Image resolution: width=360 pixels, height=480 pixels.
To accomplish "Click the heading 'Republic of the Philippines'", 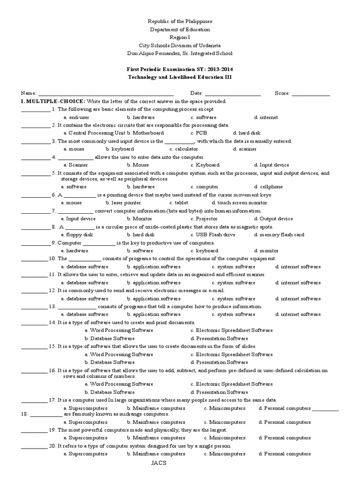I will click(180, 22).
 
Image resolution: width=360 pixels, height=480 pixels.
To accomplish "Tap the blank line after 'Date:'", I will click(232, 94).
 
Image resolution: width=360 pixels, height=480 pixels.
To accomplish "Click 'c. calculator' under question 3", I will click(184, 149).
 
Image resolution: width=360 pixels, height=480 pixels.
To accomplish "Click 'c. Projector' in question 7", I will click(204, 218).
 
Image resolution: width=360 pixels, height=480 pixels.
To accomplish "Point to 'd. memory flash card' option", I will click(279, 234).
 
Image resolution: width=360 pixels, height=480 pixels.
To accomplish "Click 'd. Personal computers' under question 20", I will click(285, 454).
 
